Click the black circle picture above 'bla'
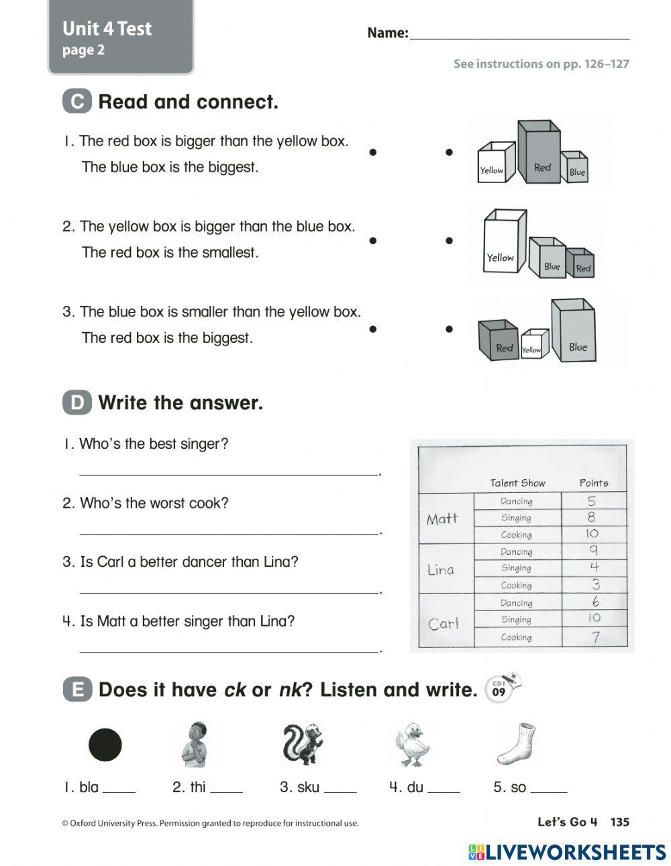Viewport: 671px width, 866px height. point(105,745)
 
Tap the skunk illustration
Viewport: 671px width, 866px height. point(303,744)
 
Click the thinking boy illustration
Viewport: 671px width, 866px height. point(195,745)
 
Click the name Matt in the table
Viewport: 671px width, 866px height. point(442,519)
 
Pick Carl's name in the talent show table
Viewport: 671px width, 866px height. point(443,623)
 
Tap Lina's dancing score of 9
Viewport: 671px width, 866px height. point(593,551)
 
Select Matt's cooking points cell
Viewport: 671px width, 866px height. point(592,534)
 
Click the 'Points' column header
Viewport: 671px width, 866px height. point(593,483)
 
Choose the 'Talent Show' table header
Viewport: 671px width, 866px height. point(517,483)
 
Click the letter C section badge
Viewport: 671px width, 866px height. point(77,102)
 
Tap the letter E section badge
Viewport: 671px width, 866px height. point(77,690)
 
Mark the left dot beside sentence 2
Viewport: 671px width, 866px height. point(372,240)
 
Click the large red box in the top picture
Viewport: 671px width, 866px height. point(541,154)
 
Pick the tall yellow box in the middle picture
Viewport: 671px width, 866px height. point(503,243)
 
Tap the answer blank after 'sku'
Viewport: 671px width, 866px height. point(340,788)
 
